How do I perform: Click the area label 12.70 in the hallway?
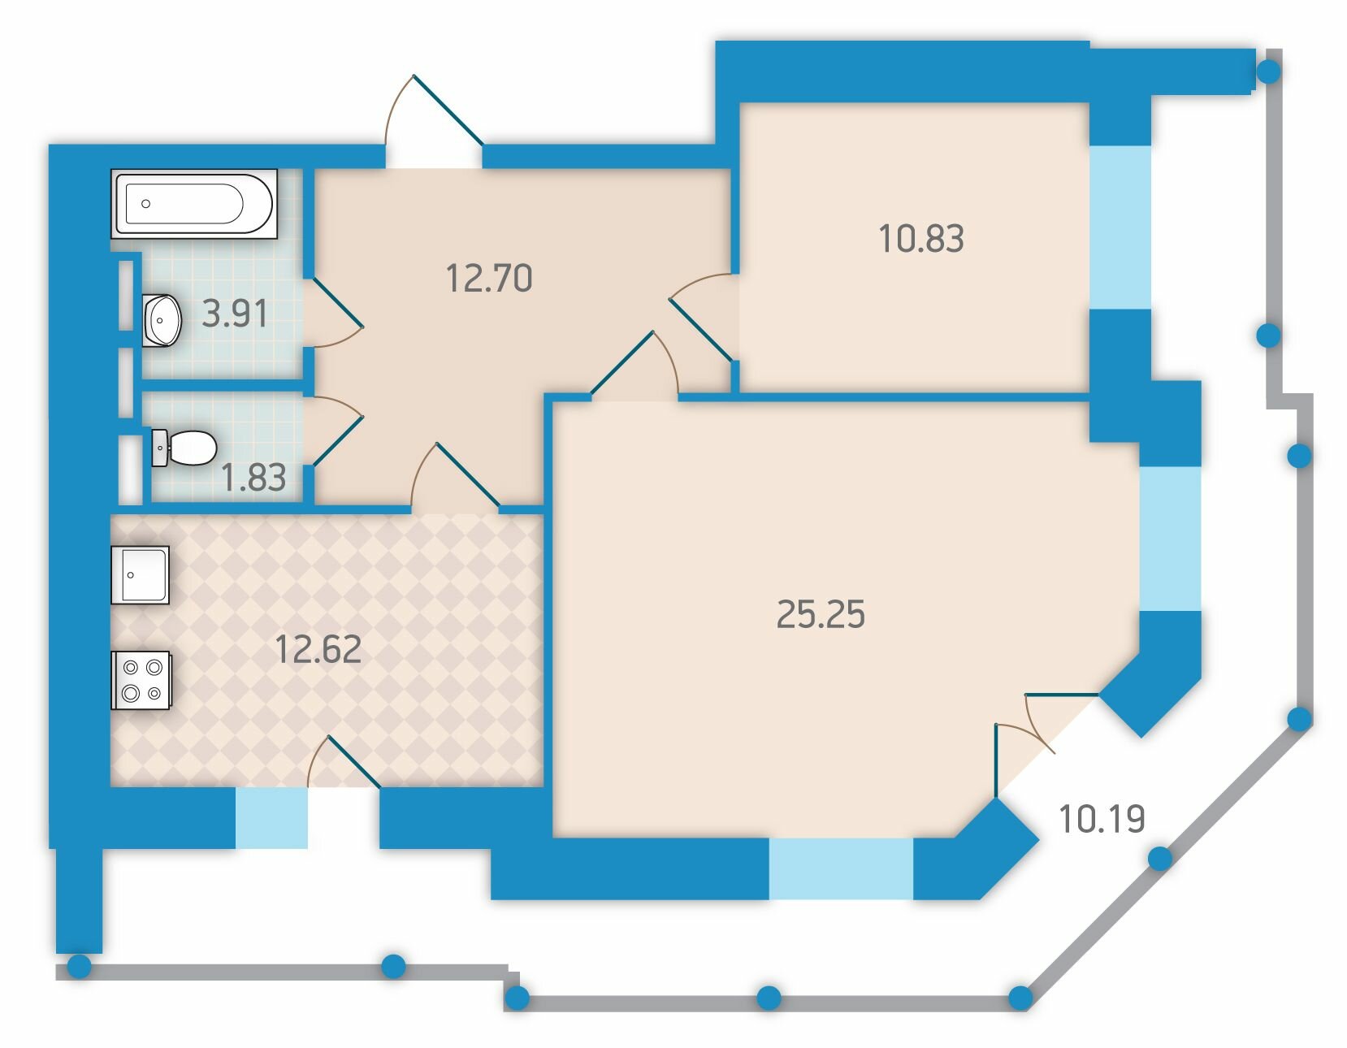click(x=489, y=279)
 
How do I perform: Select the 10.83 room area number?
click(x=921, y=239)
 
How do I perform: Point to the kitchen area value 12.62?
click(x=318, y=649)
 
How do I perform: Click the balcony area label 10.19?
click(x=1102, y=819)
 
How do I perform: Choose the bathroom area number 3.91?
click(x=235, y=314)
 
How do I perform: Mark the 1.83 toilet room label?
click(x=253, y=478)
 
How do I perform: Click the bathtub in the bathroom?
click(x=194, y=203)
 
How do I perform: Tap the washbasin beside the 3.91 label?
click(x=162, y=320)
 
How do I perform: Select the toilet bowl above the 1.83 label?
click(x=184, y=448)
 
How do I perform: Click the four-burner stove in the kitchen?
click(x=141, y=680)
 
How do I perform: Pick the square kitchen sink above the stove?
click(x=140, y=575)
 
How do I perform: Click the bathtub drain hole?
click(x=145, y=203)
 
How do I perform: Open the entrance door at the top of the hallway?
click(x=434, y=122)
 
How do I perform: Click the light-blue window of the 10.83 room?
click(x=1120, y=227)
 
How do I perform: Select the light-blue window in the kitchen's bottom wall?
click(x=271, y=818)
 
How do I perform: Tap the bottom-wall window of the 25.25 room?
click(x=841, y=868)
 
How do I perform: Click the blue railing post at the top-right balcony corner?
click(x=1269, y=71)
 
